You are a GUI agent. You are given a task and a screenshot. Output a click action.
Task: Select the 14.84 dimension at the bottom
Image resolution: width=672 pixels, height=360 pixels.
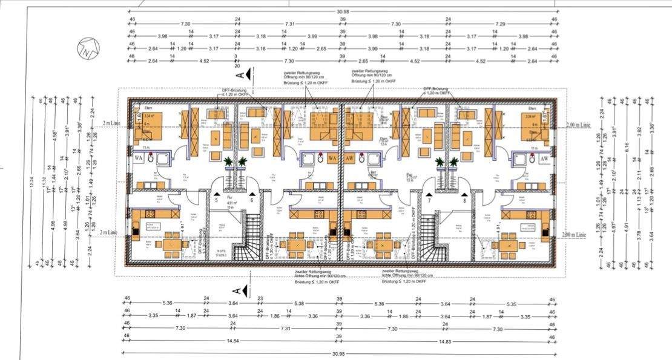click(x=232, y=341)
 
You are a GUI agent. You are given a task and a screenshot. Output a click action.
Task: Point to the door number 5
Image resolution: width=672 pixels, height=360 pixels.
click(x=216, y=200)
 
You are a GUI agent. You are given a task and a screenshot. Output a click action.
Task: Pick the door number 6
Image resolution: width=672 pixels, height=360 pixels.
click(x=251, y=200)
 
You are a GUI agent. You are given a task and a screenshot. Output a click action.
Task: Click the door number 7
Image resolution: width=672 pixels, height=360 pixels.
click(x=429, y=200)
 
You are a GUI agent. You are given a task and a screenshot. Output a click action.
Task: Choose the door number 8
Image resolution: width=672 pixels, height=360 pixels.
click(x=464, y=200)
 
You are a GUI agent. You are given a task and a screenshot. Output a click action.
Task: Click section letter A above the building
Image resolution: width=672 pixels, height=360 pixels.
click(x=240, y=74)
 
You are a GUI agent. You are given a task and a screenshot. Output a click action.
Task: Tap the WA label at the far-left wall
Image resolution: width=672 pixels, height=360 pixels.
click(x=139, y=159)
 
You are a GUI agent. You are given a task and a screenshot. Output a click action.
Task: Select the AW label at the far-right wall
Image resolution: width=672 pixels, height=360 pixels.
click(x=544, y=159)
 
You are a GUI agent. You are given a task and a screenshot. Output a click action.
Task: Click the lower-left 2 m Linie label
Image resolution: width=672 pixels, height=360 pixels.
click(x=109, y=232)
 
